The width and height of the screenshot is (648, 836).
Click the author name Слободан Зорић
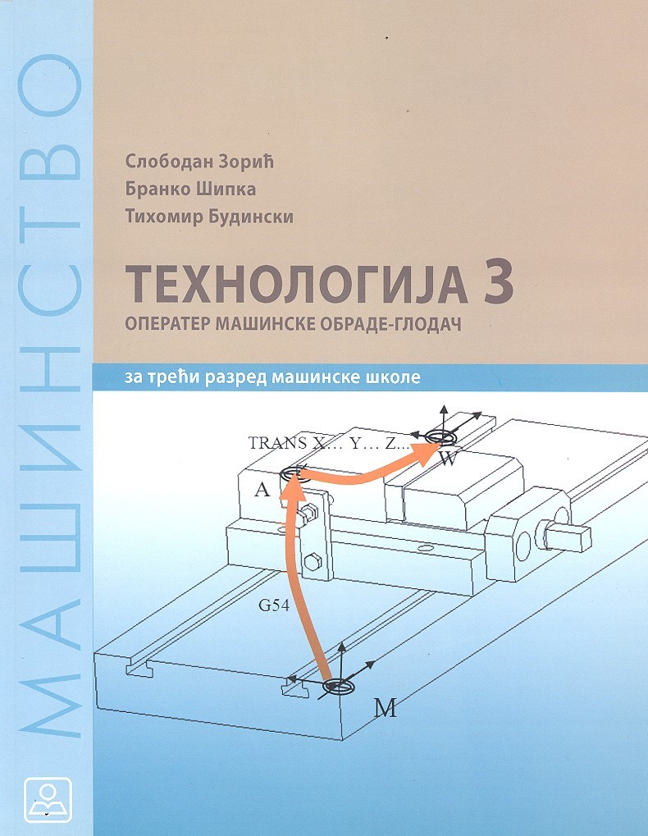pyautogui.click(x=199, y=161)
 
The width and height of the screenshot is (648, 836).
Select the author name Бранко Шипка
pyautogui.click(x=190, y=189)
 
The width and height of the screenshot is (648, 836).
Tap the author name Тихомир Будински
pyautogui.click(x=209, y=217)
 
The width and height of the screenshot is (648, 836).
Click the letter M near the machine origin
pyautogui.click(x=385, y=708)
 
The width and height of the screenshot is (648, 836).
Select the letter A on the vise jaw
pyautogui.click(x=262, y=490)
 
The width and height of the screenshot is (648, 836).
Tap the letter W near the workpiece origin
pyautogui.click(x=448, y=459)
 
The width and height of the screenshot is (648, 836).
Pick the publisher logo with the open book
pyautogui.click(x=48, y=800)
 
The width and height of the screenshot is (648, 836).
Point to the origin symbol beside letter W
pyautogui.click(x=440, y=437)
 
